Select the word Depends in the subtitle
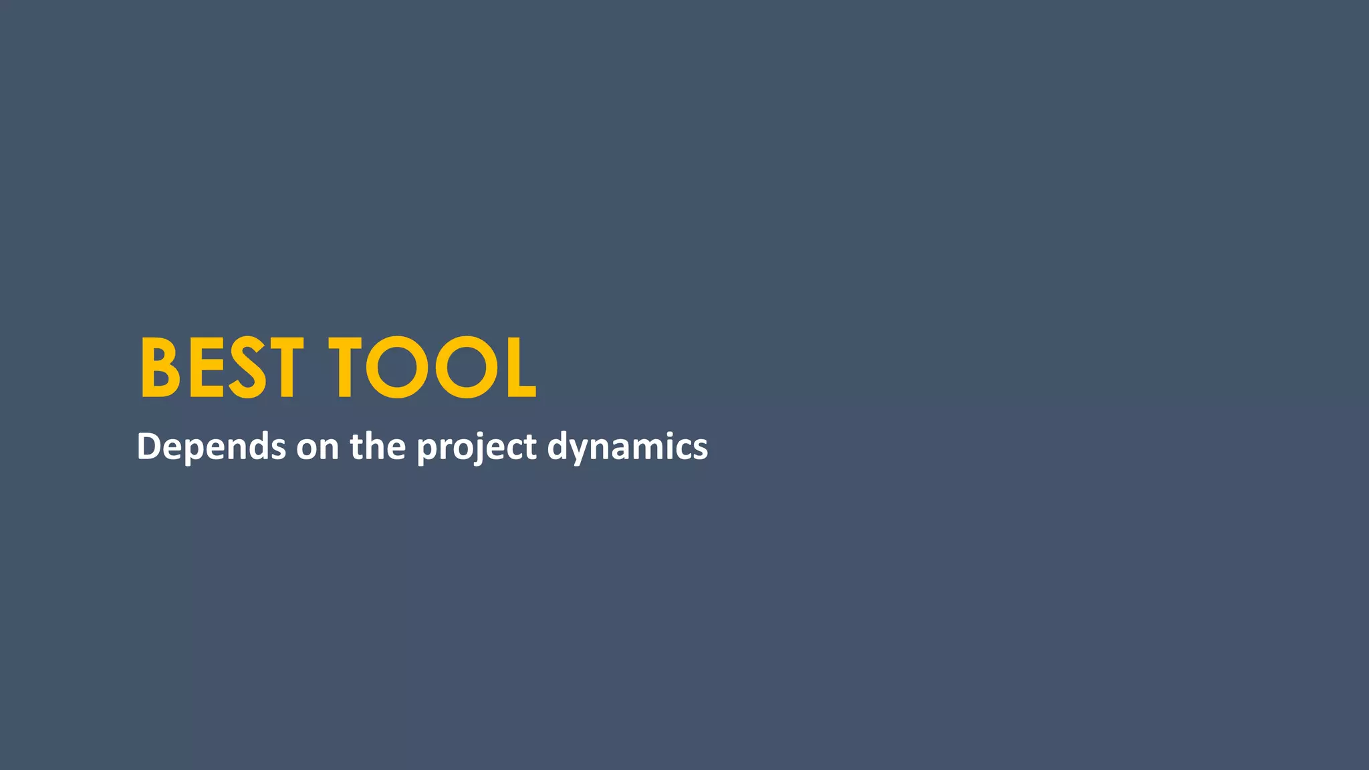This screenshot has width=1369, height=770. pyautogui.click(x=211, y=446)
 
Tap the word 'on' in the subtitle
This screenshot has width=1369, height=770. pyautogui.click(x=318, y=446)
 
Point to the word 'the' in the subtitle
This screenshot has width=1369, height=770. pyautogui.click(x=378, y=446)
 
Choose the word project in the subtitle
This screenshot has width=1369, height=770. pyautogui.click(x=476, y=447)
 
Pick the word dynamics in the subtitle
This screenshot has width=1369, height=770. pyautogui.click(x=627, y=446)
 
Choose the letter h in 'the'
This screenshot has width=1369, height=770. pyautogui.click(x=376, y=445)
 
